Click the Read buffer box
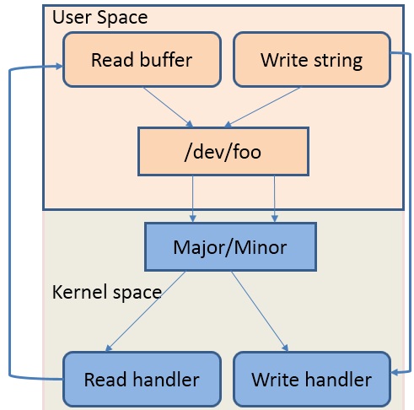click(142, 60)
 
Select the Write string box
click(311, 60)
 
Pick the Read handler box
click(141, 379)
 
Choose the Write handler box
click(311, 379)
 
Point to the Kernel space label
click(106, 292)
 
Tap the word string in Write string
click(337, 60)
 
